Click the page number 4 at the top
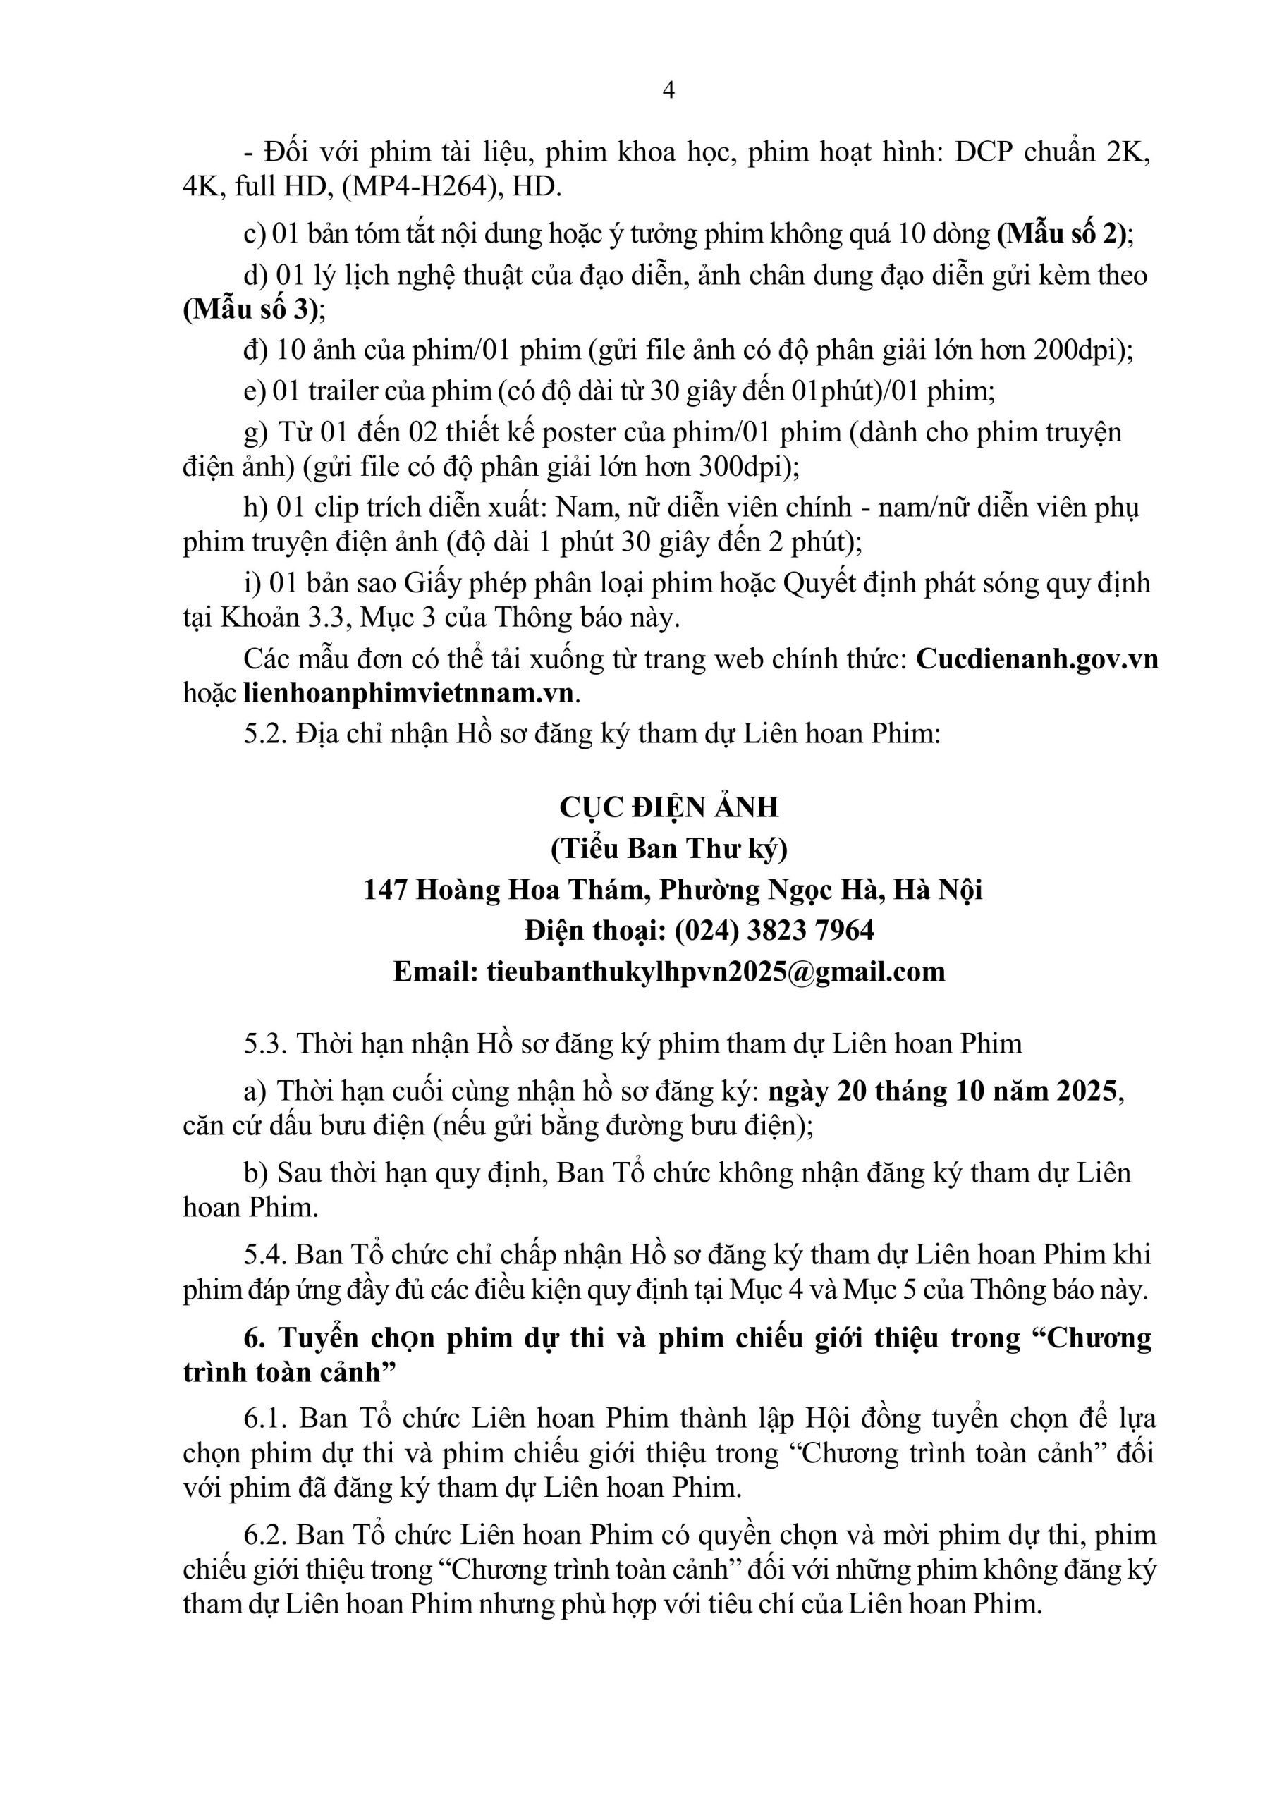click(x=668, y=91)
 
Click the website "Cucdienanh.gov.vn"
click(x=1037, y=659)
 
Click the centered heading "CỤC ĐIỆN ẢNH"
click(x=668, y=807)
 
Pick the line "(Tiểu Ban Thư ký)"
click(x=668, y=849)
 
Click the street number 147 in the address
click(x=385, y=890)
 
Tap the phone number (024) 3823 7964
click(x=774, y=931)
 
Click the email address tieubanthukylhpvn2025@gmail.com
click(x=716, y=972)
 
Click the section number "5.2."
click(x=266, y=734)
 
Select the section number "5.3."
click(x=266, y=1044)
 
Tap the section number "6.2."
click(x=266, y=1536)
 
